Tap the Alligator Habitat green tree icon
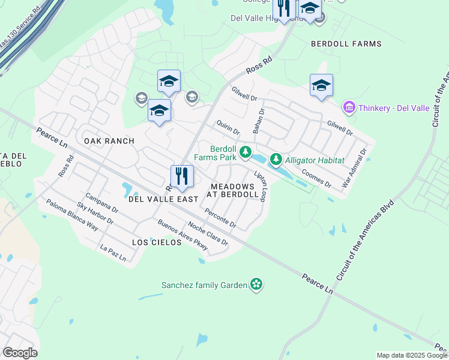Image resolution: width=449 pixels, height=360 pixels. [276, 160]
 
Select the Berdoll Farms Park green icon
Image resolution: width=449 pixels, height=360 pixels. [245, 153]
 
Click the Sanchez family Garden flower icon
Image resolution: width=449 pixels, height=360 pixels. [256, 284]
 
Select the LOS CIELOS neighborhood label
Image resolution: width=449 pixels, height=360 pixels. [157, 242]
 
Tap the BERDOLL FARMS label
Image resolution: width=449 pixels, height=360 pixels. [346, 44]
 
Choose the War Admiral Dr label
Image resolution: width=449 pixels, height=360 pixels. [354, 169]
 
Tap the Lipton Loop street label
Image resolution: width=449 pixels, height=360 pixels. [260, 186]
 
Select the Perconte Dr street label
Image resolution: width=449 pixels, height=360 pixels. [220, 218]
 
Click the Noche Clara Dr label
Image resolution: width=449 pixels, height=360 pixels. [208, 233]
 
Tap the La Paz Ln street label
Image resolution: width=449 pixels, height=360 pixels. [113, 254]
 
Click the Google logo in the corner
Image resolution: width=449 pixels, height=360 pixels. [20, 353]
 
